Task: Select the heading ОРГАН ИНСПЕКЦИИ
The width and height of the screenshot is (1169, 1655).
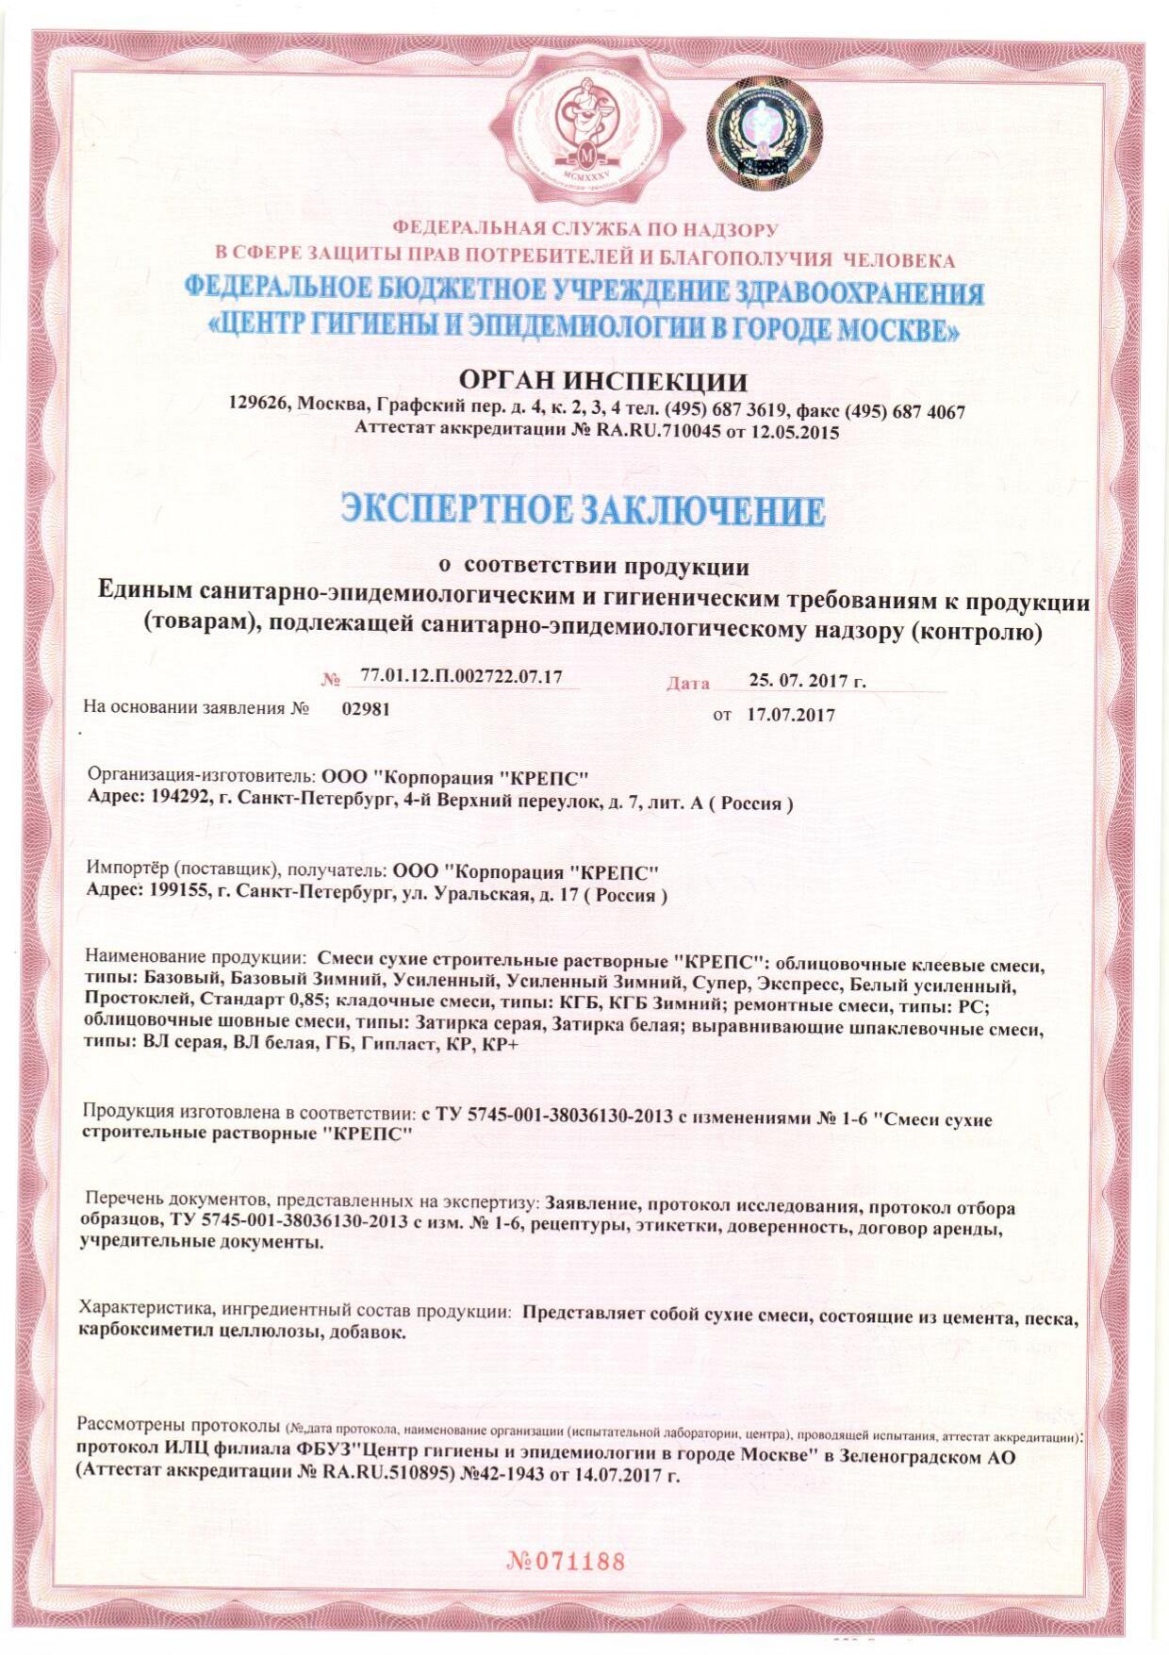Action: point(602,381)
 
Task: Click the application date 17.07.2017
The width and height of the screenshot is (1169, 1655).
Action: point(789,715)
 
